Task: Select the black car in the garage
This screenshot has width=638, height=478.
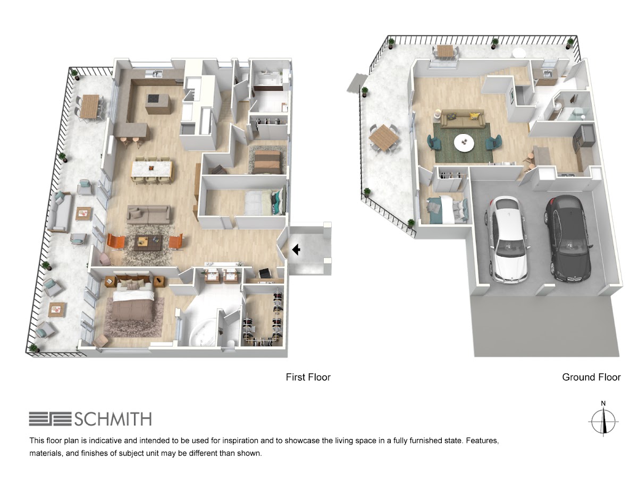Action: pyautogui.click(x=567, y=238)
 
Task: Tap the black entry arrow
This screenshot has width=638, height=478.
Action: pyautogui.click(x=296, y=249)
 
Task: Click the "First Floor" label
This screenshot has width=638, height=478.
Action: pyautogui.click(x=308, y=377)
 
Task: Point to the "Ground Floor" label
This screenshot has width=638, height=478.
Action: pyautogui.click(x=591, y=377)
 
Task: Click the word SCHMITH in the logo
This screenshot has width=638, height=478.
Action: pyautogui.click(x=113, y=419)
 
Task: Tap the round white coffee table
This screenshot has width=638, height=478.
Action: pyautogui.click(x=464, y=142)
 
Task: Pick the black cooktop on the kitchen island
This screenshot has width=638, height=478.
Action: pyautogui.click(x=154, y=99)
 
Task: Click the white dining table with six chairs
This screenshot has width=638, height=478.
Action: pyautogui.click(x=152, y=169)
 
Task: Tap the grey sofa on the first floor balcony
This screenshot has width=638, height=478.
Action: pyautogui.click(x=60, y=211)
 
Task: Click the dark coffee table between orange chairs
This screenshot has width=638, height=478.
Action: pyautogui.click(x=148, y=243)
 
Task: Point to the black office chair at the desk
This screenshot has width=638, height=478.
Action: pyautogui.click(x=264, y=273)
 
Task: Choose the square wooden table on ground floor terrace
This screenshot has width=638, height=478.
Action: pyautogui.click(x=384, y=138)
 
